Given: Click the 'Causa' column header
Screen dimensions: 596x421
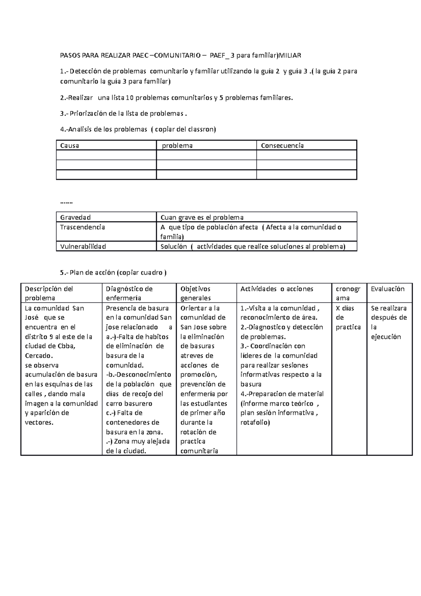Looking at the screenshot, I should [69, 145].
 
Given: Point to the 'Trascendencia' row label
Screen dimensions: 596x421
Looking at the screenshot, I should [82, 227].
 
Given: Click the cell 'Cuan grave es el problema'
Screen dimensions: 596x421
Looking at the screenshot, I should [202, 217].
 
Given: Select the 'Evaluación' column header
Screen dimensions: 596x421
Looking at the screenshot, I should [388, 289].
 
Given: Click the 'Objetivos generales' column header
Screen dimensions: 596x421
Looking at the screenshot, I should [195, 293].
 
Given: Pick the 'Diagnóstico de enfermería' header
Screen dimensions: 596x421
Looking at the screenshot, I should [129, 293].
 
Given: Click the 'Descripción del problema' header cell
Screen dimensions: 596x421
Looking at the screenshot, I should [49, 293].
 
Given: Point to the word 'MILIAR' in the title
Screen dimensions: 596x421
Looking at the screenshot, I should [289, 55].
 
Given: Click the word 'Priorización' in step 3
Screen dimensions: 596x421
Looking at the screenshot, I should [88, 113].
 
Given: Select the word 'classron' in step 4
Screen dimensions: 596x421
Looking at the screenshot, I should [201, 129].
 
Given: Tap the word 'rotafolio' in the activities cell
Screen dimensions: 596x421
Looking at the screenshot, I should [254, 422].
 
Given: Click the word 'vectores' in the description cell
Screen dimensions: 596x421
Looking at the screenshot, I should [39, 422].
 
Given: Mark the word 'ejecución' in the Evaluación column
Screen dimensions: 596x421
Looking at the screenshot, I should [386, 337].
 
